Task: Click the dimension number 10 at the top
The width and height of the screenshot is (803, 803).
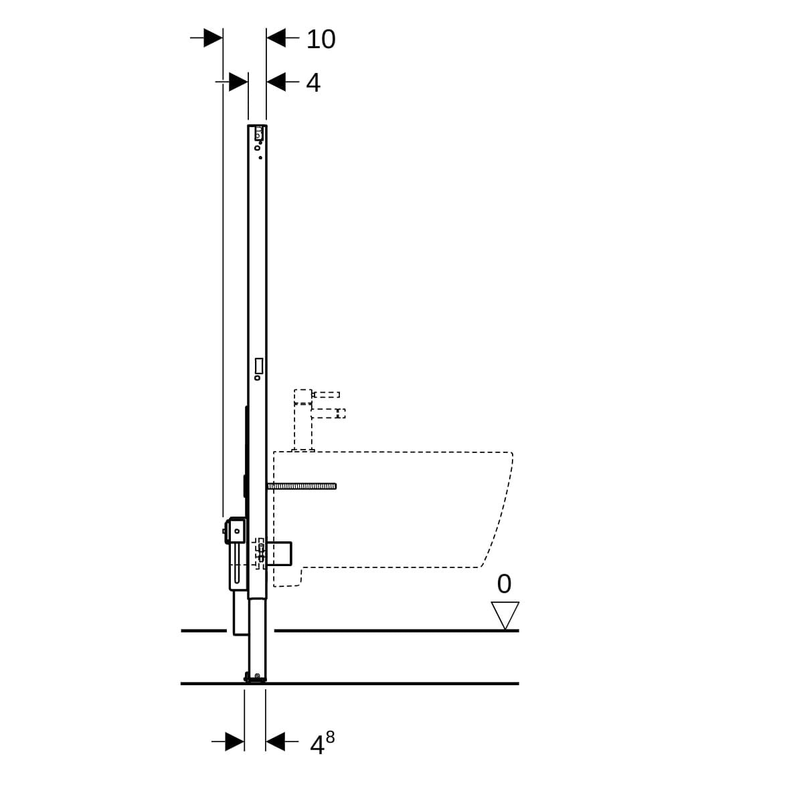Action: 321,39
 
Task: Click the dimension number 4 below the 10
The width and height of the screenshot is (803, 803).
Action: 313,83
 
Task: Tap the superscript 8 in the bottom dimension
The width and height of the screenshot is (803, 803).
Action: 330,737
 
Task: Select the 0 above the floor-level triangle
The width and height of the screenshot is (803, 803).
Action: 504,584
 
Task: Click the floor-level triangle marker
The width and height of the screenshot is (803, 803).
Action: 505,615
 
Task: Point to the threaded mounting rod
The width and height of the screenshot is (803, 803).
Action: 302,486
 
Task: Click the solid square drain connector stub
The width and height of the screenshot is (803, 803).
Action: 279,554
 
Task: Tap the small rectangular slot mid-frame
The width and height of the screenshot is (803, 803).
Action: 259,365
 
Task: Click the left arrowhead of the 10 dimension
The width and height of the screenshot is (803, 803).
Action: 213,38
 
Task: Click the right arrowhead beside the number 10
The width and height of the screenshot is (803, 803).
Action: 276,38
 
